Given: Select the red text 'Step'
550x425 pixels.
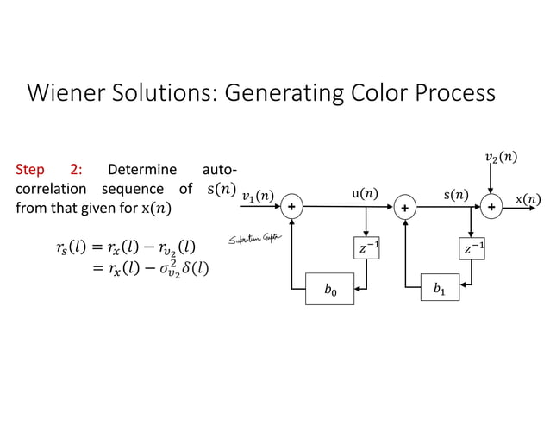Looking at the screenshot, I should tap(31, 169).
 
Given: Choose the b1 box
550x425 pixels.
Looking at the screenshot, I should tap(440, 287).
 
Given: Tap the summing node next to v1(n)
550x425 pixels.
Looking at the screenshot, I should tap(294, 207).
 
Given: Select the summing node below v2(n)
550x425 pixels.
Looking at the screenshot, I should tap(491, 207).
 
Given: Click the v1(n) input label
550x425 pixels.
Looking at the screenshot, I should tap(258, 197).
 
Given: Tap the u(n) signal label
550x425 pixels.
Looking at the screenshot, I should tap(366, 195).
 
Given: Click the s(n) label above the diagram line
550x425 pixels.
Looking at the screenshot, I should tap(456, 195).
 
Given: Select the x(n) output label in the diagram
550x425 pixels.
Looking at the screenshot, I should tap(528, 199).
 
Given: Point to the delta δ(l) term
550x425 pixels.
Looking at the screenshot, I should tap(195, 269).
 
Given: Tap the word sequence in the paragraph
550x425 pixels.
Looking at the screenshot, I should tap(130, 188).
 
